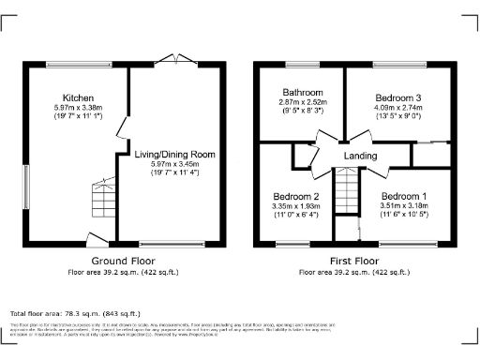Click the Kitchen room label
[x=78, y=97]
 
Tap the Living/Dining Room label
[x=175, y=154]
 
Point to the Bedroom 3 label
[x=399, y=97]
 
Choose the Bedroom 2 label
[x=295, y=196]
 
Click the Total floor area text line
[x=75, y=313]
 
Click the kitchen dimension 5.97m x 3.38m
[x=78, y=108]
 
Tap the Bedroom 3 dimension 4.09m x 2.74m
[x=399, y=108]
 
